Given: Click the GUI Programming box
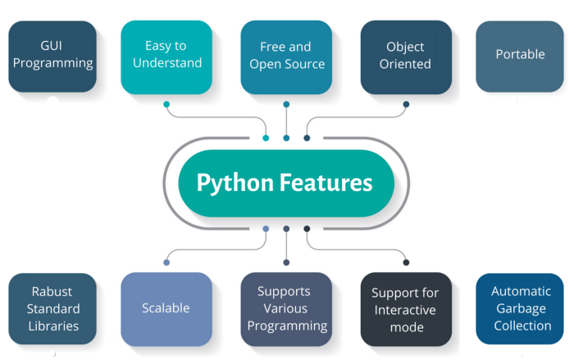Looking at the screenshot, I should (x=52, y=56).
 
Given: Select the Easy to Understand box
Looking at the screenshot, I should (x=166, y=56).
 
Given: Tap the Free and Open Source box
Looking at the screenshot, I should (x=286, y=56).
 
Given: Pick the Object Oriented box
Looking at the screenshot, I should (x=406, y=56).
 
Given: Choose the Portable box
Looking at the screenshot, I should (x=520, y=56).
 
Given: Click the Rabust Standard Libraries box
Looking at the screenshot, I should (x=52, y=308).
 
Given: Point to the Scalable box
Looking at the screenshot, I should (x=166, y=308).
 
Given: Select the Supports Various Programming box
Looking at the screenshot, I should (x=286, y=308).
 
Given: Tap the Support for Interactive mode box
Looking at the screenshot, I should (x=406, y=308).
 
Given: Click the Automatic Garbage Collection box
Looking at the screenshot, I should (x=520, y=308).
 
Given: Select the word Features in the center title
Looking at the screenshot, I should (x=328, y=181).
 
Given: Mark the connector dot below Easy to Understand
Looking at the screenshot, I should (x=166, y=105).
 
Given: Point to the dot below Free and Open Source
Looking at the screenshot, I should (x=286, y=105).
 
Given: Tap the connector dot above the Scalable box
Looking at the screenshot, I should (x=166, y=262).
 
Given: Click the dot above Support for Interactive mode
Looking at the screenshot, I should (x=406, y=262).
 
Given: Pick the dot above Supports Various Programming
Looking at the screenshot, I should (x=286, y=262).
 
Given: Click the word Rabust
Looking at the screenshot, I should (x=52, y=291).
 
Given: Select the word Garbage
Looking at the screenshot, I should (x=520, y=308).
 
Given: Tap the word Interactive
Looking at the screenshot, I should (x=406, y=309).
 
